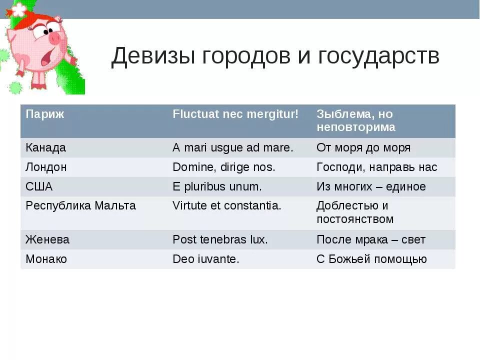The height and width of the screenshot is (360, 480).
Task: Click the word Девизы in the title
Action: tap(152, 56)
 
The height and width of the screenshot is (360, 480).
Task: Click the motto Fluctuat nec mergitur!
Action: tap(235, 114)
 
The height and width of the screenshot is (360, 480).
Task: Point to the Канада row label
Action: tap(45, 148)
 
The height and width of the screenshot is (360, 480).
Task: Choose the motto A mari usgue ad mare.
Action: tap(233, 148)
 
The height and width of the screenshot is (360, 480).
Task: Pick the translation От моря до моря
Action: tap(363, 148)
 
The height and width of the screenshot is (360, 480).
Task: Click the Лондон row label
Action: tap(46, 167)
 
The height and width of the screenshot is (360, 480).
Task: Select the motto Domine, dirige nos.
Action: tap(223, 167)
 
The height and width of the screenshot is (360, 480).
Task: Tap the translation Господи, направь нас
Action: tap(376, 167)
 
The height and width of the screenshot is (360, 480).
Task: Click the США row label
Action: tap(39, 187)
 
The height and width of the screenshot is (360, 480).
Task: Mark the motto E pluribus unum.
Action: tap(217, 187)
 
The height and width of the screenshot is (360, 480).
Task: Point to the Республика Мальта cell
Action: tap(80, 205)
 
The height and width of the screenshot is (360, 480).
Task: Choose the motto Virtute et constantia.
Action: tap(227, 205)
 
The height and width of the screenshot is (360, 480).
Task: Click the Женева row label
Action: tap(47, 240)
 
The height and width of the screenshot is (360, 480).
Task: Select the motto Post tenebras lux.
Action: tap(220, 240)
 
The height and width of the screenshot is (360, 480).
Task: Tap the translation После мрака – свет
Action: tap(371, 240)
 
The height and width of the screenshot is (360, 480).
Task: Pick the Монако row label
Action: tap(46, 259)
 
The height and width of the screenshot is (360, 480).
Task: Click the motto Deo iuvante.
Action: tap(206, 259)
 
